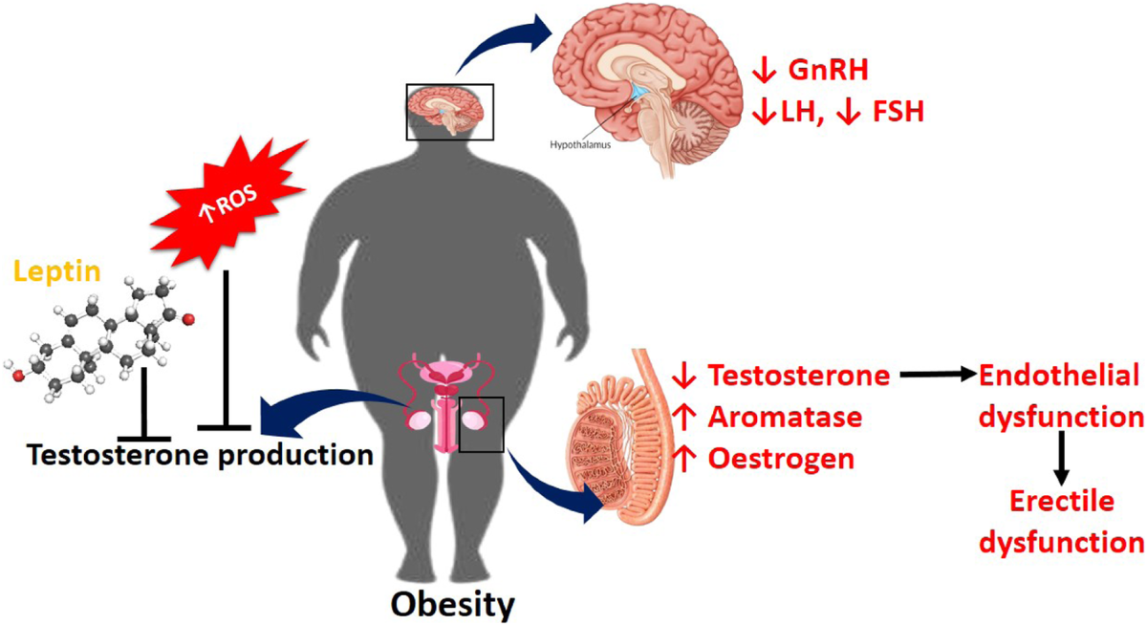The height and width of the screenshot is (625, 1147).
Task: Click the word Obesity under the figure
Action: click(x=455, y=604)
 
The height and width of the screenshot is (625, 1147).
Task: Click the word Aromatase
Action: click(x=783, y=418)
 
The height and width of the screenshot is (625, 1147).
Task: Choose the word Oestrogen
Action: click(x=781, y=459)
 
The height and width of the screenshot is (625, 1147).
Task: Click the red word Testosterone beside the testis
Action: click(x=799, y=376)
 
